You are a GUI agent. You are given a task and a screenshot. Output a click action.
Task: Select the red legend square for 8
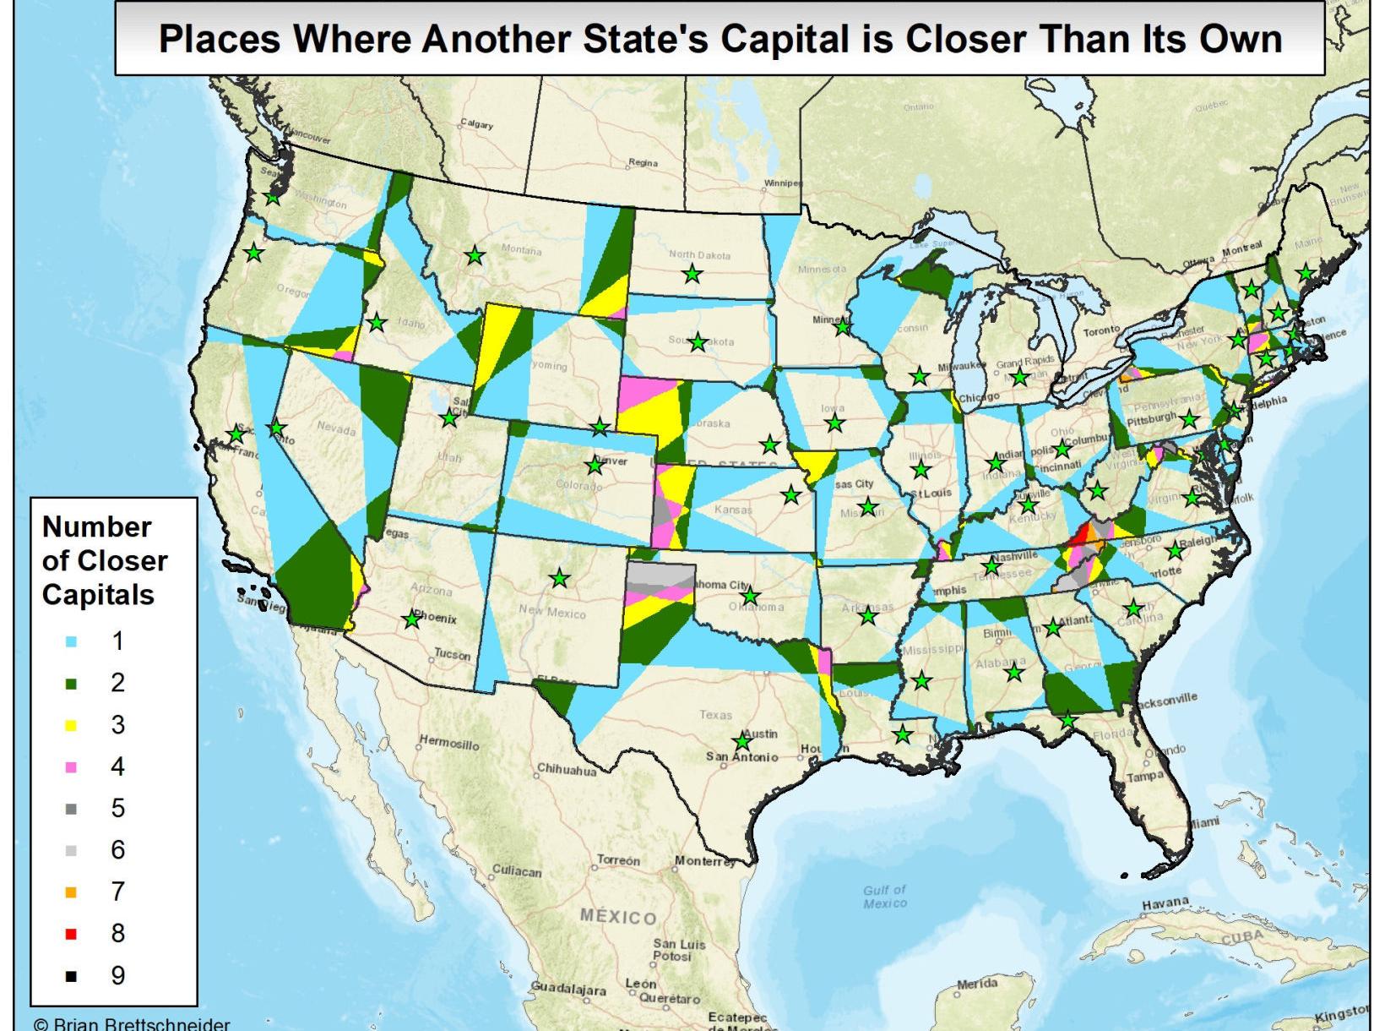pos(71,934)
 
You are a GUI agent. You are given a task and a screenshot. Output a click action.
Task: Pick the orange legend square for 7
pos(71,892)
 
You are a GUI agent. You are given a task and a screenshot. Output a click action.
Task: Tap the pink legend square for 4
pos(71,767)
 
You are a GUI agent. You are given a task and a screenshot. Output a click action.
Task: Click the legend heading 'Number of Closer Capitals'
pos(104,560)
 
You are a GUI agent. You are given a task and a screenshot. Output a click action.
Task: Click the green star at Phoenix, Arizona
pos(411,619)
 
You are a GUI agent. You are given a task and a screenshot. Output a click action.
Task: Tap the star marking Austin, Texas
pos(742,742)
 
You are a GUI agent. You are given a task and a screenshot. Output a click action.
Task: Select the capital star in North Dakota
pos(692,274)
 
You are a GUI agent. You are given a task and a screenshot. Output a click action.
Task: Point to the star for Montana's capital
pos(475,254)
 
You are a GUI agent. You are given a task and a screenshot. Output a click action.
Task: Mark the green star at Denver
pos(595,465)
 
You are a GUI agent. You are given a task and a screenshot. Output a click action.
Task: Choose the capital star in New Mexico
pos(559,579)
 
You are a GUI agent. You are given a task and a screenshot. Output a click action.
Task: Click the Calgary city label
pos(476,124)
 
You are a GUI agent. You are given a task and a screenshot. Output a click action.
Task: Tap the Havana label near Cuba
pos(1165,903)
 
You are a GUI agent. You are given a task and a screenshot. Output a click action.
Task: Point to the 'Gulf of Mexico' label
pos(885,896)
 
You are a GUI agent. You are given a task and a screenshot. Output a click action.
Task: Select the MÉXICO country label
pos(618,918)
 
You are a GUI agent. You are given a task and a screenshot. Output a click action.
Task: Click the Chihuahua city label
pos(567,771)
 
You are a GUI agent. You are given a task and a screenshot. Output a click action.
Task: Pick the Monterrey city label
pos(705,862)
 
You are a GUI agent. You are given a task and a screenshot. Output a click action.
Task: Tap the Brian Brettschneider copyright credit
pos(132,1024)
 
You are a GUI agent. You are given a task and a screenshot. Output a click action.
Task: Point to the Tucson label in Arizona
pos(452,654)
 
